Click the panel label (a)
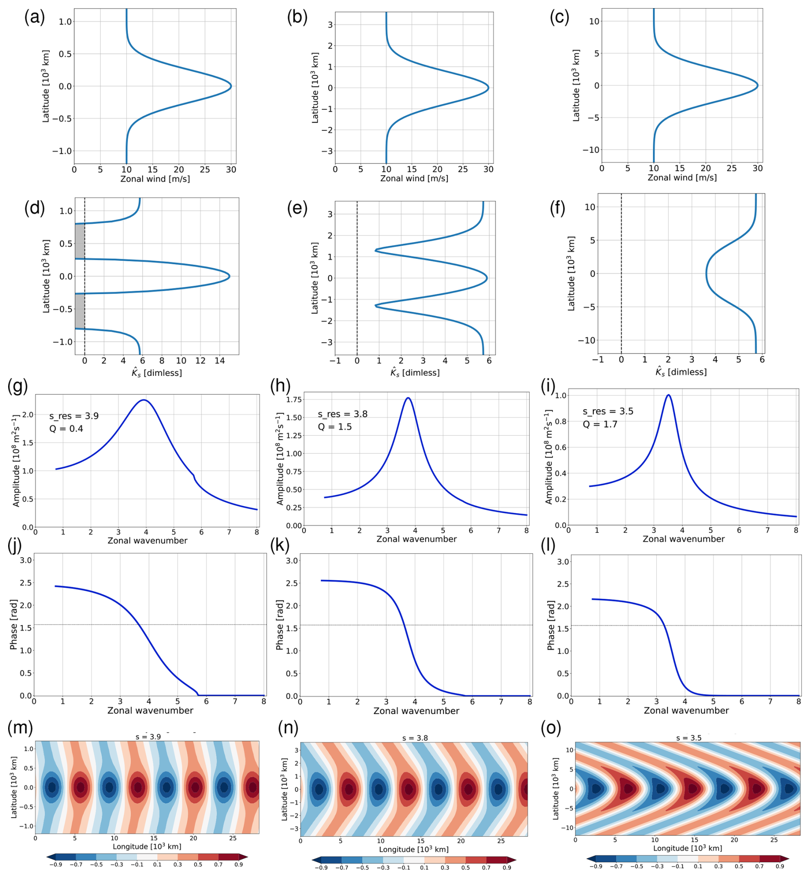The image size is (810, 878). tap(34, 18)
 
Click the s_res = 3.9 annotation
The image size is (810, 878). tap(74, 416)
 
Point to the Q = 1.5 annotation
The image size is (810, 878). tap(335, 427)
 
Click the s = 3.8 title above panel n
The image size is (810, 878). tap(415, 738)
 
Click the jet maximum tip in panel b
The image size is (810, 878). tap(488, 88)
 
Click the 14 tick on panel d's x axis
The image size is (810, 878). tap(220, 361)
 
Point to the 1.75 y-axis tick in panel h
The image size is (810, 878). tap(294, 399)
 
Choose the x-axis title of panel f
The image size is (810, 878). tap(681, 372)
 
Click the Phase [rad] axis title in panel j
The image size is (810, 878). tap(14, 624)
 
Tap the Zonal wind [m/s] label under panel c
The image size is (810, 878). tap(682, 178)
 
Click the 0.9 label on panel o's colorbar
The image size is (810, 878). tap(780, 866)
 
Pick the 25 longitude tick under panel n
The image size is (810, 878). tap(501, 841)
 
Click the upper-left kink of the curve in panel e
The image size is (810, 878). tap(376, 250)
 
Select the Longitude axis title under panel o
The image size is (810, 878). tap(687, 848)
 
